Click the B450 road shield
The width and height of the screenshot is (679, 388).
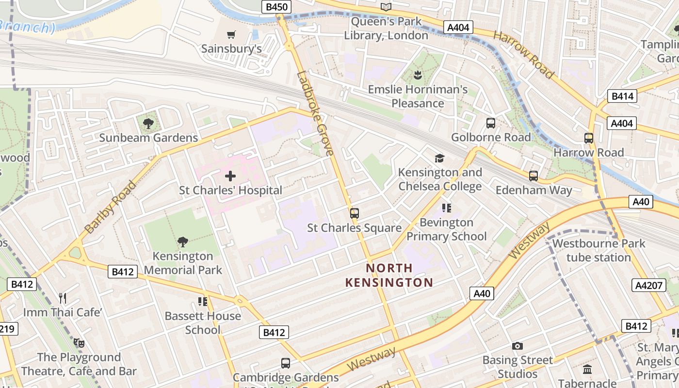coord(276,7)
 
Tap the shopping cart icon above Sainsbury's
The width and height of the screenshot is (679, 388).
coord(231,34)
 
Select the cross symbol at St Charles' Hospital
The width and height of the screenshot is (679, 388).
coord(230,176)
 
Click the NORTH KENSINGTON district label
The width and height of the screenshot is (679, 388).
coord(389,275)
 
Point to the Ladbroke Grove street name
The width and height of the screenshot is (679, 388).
coord(315,113)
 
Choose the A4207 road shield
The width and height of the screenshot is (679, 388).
coord(649,285)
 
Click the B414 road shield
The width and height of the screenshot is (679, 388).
coord(622,96)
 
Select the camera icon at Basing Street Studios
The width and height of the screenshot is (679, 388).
coord(517,346)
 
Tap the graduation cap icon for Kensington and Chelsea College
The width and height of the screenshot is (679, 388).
coord(439,158)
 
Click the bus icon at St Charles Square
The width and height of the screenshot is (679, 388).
coord(355,213)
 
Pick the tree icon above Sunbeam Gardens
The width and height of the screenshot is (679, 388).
coord(148,124)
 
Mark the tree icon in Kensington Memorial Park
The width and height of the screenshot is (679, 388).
coord(183,242)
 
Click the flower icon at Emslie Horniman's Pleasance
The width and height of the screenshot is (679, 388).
coord(417,75)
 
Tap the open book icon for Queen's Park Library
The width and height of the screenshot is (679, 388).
coord(386,7)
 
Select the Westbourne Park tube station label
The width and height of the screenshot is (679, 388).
coord(598,250)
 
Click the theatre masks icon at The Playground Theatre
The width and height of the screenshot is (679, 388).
coord(79,343)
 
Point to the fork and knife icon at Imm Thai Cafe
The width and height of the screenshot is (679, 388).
coord(63,298)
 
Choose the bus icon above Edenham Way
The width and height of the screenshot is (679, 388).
coord(533,176)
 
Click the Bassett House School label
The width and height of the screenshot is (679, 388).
coord(203,323)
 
